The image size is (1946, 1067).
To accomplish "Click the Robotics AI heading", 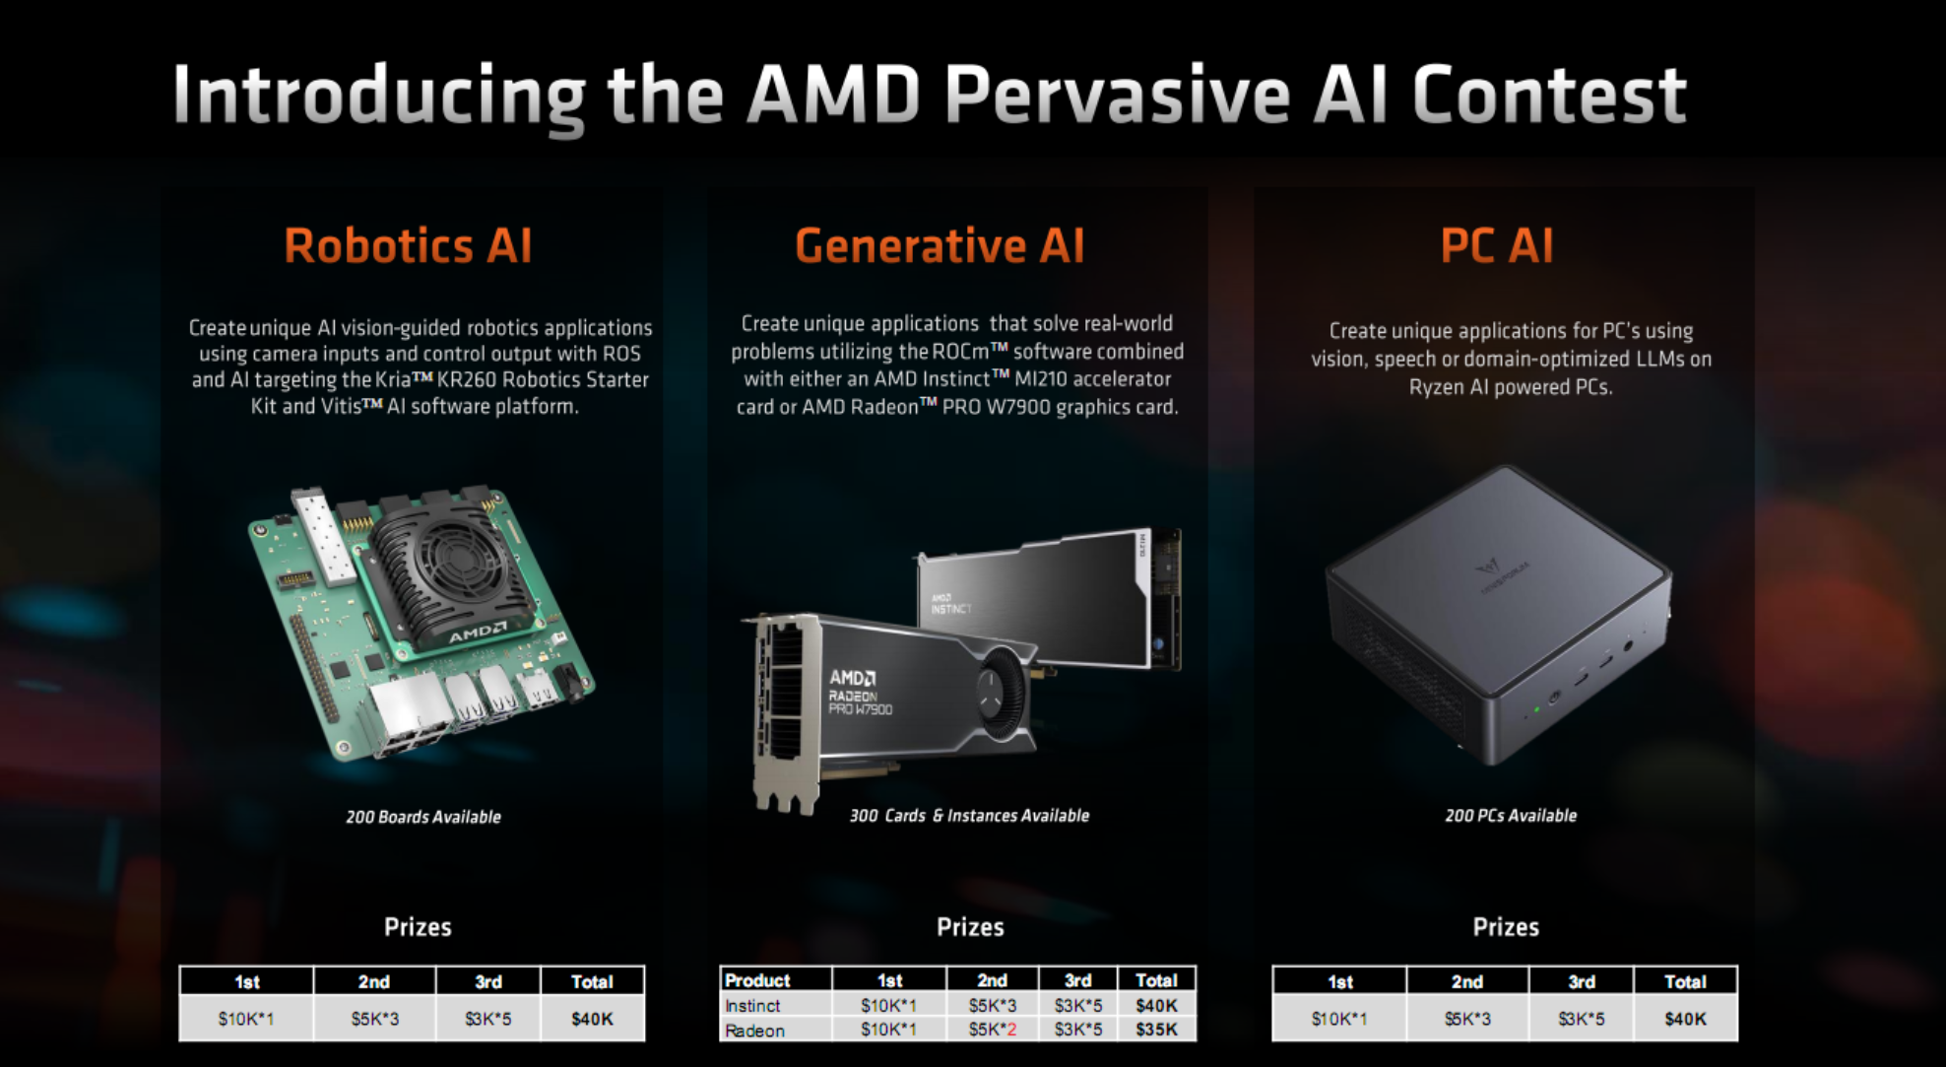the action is pos(408,245).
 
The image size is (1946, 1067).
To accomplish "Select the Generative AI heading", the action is pos(940,245).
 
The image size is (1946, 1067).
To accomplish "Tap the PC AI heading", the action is pos(1497,245).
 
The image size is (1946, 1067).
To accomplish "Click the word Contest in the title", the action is pos(1549,96).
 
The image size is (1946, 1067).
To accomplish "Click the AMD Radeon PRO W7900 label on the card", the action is pos(860,693).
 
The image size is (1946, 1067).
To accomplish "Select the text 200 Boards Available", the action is pos(423,817).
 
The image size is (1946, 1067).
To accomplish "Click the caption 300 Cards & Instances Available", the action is pos(969,816).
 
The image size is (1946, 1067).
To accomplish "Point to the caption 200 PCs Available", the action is pos(1511,816).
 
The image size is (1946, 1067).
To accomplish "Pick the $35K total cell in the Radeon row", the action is pos(1156,1030).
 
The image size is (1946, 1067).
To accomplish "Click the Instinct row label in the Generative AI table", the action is pos(752,1005).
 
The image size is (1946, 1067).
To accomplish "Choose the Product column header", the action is pos(757,980).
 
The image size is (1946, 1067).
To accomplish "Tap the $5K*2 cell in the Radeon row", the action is pos(992,1030).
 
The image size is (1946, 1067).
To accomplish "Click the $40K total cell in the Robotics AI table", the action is pos(592,1019).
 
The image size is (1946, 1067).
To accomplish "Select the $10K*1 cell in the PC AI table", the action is pos(1339,1019).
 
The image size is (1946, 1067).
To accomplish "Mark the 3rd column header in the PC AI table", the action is pos(1582,981).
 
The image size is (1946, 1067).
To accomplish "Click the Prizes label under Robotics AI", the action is pos(418,927).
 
